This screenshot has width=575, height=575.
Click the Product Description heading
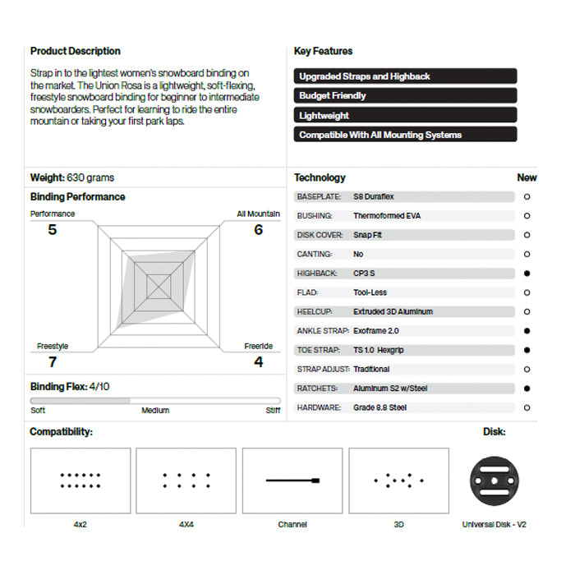76,51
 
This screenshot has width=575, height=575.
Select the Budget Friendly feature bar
406,95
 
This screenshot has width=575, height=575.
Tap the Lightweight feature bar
406,115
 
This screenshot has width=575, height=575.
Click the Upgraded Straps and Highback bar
406,76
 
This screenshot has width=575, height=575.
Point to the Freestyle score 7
53,361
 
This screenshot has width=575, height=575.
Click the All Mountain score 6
259,230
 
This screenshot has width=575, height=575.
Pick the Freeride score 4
259,361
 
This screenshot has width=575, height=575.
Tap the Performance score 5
53,230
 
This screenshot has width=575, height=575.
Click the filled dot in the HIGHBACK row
527,274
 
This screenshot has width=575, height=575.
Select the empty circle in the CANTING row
527,255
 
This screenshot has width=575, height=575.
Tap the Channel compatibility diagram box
292,481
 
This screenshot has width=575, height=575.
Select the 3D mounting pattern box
398,481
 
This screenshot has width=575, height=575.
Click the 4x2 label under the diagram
80,524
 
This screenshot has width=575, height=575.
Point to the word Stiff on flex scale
273,411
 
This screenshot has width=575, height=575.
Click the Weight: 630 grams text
72,177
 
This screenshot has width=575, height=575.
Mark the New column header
527,177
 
